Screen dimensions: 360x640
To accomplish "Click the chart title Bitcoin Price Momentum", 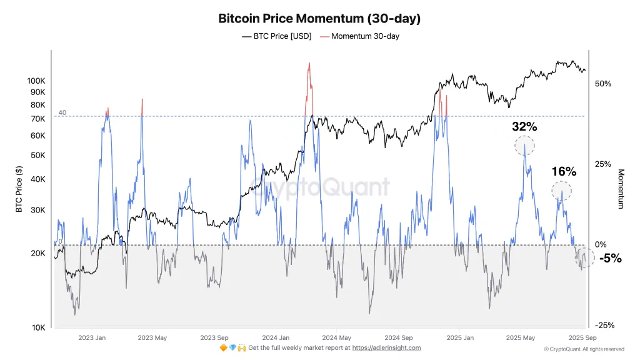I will coord(319,19).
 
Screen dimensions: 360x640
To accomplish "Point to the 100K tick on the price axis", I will coord(36,81).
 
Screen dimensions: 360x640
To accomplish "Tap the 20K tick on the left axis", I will coord(38,253).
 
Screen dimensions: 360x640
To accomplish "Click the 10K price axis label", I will coord(38,327).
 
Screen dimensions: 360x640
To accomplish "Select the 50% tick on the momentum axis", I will coord(603,84).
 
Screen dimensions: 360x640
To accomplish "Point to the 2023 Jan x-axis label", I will coord(92,337).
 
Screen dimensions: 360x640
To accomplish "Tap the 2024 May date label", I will coord(336,337).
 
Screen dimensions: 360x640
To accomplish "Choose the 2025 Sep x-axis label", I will coord(582,337).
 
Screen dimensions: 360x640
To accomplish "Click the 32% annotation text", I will coord(524,127).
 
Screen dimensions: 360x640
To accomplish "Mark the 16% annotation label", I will coord(564,172).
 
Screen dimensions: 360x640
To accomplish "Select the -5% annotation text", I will coord(610,258).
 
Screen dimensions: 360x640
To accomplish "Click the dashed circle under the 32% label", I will coord(524,146).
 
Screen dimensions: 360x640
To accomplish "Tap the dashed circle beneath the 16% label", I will coord(562,190).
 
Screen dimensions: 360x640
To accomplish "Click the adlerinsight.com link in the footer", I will coord(386,347).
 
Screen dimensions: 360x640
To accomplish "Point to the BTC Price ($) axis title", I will coord(19,189).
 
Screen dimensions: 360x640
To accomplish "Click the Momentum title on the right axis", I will coord(621,189).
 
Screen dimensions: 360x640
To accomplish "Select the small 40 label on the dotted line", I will coord(62,112).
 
